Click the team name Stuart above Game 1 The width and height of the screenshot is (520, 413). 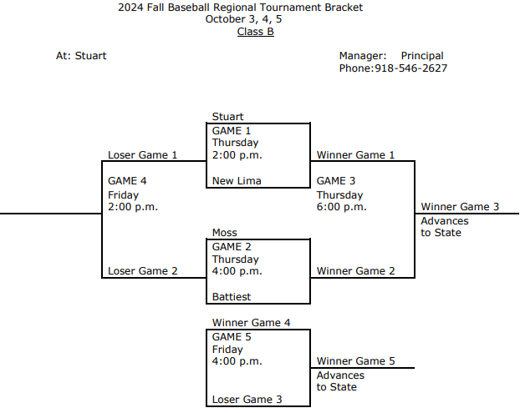pyautogui.click(x=227, y=117)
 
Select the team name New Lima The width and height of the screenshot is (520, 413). pyautogui.click(x=237, y=181)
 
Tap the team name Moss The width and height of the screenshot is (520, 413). pyautogui.click(x=224, y=233)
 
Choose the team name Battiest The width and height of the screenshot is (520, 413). pyautogui.click(x=231, y=297)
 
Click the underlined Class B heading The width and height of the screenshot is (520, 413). pyautogui.click(x=255, y=32)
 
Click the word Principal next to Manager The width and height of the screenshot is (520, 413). pyautogui.click(x=422, y=56)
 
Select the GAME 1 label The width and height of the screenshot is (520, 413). pyautogui.click(x=231, y=131)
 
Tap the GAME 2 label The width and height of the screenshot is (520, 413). pyautogui.click(x=231, y=247)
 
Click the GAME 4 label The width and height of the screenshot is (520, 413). pyautogui.click(x=127, y=181)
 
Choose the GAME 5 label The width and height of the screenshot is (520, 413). pyautogui.click(x=231, y=337)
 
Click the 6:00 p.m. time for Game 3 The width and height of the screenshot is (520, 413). pyautogui.click(x=341, y=207)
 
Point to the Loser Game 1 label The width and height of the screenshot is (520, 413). pyautogui.click(x=143, y=155)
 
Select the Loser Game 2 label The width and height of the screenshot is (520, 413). pyautogui.click(x=143, y=271)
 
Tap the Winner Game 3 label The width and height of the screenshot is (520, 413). pyautogui.click(x=460, y=207)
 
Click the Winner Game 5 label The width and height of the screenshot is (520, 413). pyautogui.click(x=355, y=361)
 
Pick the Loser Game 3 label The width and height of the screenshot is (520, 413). pyautogui.click(x=247, y=400)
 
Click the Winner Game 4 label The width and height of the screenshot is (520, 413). pyautogui.click(x=251, y=323)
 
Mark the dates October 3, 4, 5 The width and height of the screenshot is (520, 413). pyautogui.click(x=255, y=20)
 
